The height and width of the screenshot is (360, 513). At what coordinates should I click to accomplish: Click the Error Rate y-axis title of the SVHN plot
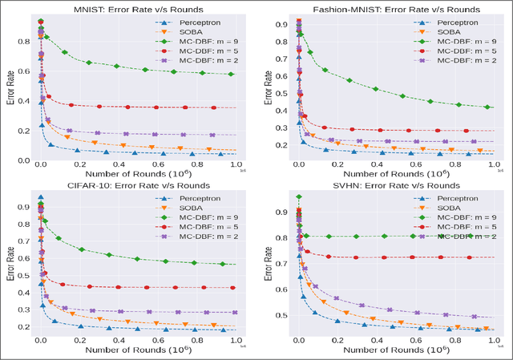(x=265, y=265)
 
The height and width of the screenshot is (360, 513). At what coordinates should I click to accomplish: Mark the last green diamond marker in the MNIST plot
(x=231, y=74)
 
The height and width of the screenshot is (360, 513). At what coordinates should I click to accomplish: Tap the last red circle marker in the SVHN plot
(x=469, y=257)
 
